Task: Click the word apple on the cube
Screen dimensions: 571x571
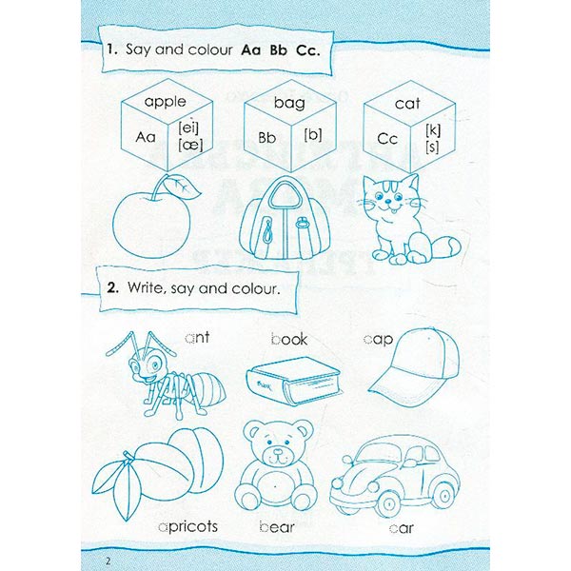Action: coord(165,103)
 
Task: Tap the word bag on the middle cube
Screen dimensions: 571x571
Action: coord(289,104)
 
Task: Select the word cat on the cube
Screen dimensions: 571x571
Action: coord(407,104)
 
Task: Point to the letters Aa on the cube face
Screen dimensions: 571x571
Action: coord(146,137)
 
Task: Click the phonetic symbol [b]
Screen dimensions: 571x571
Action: coord(313,135)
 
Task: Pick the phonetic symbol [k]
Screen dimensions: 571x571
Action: coord(433,130)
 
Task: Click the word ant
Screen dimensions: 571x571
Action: coord(197,337)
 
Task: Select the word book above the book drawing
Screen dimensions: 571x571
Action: coord(289,339)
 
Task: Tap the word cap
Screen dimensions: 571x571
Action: coord(378,340)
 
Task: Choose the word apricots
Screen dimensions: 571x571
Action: coord(188,526)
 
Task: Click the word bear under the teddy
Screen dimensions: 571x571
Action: coord(277,526)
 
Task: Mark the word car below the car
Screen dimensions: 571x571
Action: coord(401,528)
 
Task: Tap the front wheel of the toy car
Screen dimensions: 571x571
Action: coord(388,504)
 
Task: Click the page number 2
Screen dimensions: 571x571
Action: coord(108,561)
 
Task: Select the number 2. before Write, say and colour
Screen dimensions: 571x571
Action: coord(112,288)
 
